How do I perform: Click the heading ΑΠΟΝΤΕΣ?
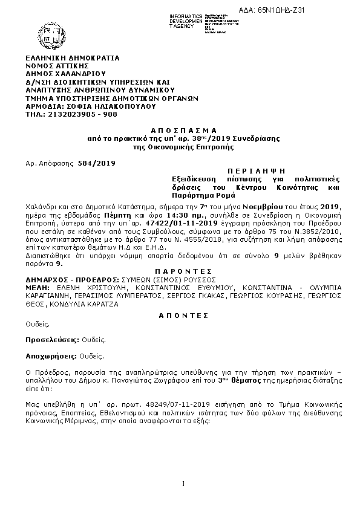[182, 315]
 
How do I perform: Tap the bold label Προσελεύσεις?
[53, 340]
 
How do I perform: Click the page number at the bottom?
[183, 483]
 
